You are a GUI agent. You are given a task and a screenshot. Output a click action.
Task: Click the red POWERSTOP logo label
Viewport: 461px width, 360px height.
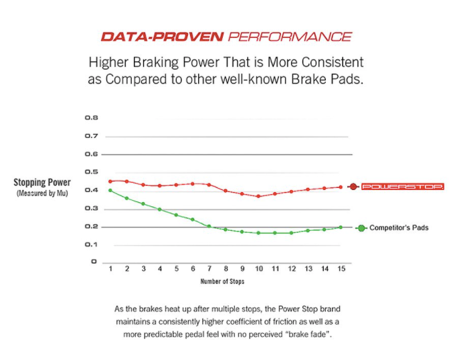point(402,187)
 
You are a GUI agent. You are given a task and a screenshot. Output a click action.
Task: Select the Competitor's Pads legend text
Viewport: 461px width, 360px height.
point(399,228)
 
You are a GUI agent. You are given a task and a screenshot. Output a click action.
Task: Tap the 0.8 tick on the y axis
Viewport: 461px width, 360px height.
point(92,118)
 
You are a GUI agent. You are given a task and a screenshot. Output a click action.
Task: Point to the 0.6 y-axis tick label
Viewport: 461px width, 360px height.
point(92,154)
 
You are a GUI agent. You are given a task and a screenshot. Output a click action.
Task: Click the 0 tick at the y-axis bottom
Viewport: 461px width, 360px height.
point(94,262)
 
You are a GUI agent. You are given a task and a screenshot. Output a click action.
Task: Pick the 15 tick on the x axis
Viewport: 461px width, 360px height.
point(341,269)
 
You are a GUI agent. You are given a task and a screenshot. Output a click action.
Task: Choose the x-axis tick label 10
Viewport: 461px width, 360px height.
point(258,269)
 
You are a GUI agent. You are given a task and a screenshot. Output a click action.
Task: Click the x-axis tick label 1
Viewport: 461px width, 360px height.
point(110,269)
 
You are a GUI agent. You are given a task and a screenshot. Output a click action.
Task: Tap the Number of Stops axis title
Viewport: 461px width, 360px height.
point(222,282)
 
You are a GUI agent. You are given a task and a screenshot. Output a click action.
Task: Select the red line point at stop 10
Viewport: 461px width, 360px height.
point(258,196)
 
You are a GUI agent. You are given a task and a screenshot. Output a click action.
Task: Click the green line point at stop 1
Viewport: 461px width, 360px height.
point(110,191)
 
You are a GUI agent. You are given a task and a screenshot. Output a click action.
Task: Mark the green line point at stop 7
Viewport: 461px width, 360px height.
point(209,226)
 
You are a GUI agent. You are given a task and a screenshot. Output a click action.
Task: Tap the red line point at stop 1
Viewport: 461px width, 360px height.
point(110,181)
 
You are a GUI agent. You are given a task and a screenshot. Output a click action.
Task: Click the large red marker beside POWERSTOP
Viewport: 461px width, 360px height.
point(353,187)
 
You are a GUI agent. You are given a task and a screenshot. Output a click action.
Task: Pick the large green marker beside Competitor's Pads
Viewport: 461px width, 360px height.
point(361,228)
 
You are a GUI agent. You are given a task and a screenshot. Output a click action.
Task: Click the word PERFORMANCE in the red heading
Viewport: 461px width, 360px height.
point(289,36)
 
